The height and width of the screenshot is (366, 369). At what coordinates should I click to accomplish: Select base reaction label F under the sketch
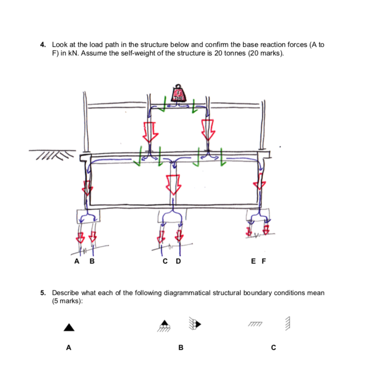pyautogui.click(x=263, y=261)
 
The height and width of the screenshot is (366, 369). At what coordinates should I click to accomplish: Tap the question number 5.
pyautogui.click(x=42, y=293)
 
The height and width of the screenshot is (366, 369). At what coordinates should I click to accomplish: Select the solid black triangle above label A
pyautogui.click(x=69, y=327)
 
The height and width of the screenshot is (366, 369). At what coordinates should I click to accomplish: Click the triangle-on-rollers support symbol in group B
pyautogui.click(x=165, y=326)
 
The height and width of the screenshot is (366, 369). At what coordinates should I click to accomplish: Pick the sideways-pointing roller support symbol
pyautogui.click(x=195, y=324)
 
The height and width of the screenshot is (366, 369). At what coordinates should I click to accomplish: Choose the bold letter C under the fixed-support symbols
pyautogui.click(x=273, y=348)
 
